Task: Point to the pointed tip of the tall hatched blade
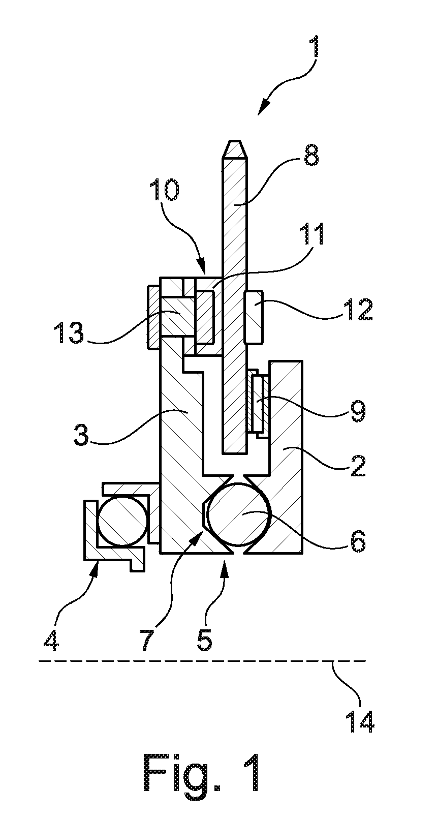(235, 141)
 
